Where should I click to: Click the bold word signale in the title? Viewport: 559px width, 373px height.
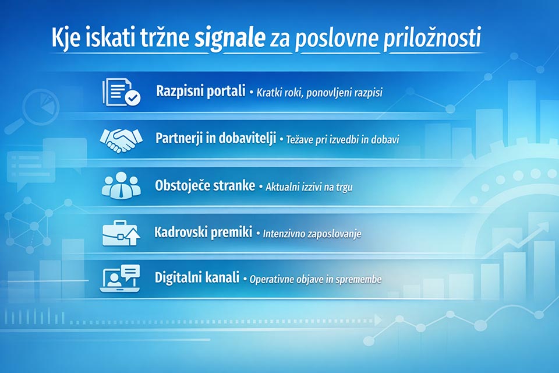[x=231, y=40]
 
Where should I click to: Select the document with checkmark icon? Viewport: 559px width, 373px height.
[x=121, y=92]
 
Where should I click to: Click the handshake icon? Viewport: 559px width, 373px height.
[x=121, y=139]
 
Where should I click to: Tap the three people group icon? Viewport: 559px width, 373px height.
[x=121, y=186]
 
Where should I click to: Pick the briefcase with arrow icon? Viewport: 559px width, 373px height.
[x=121, y=233]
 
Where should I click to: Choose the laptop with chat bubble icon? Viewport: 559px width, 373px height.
[x=121, y=279]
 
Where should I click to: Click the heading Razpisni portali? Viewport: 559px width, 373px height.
[x=200, y=92]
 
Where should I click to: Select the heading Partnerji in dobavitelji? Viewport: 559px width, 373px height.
[x=215, y=139]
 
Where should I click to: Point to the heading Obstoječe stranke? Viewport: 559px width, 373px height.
[x=205, y=186]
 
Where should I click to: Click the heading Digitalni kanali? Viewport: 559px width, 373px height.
[x=197, y=278]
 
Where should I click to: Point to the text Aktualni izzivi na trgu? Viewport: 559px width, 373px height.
[x=309, y=187]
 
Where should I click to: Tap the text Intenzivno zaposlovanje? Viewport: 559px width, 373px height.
[x=312, y=234]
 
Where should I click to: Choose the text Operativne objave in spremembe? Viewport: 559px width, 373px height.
[x=316, y=279]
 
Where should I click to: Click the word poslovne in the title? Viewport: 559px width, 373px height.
[x=338, y=40]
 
